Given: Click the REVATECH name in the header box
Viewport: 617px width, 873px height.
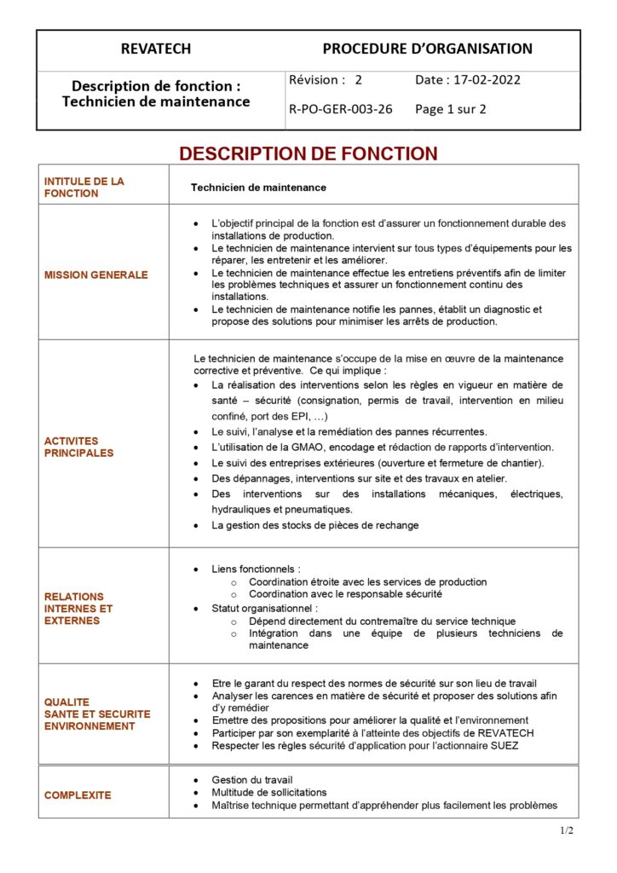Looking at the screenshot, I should (156, 49).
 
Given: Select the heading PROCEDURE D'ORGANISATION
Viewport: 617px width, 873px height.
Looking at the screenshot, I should (427, 49).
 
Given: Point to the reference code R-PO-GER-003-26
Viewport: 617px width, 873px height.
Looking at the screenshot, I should (341, 109).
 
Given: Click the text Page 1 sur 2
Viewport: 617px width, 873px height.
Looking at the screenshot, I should (451, 109).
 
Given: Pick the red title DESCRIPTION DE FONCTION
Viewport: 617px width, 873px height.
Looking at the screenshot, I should (308, 153).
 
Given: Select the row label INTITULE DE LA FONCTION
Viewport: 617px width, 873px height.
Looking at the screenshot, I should (84, 188).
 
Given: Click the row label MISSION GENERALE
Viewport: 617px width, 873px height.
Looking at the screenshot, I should (95, 275).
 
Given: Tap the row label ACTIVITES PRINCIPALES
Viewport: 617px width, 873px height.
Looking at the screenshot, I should (78, 447).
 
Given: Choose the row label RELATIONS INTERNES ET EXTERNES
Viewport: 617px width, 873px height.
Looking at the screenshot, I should (78, 609).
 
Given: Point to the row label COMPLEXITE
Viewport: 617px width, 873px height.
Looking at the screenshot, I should (78, 795).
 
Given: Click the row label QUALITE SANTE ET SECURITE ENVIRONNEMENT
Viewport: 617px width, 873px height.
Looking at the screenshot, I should (96, 714).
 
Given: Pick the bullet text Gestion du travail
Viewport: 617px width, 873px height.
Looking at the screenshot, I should (252, 780).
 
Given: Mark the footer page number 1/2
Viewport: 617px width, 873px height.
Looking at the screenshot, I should (567, 830).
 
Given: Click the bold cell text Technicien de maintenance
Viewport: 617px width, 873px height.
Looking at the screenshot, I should (258, 188).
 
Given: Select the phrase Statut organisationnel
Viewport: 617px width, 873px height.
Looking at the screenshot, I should (264, 609).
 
